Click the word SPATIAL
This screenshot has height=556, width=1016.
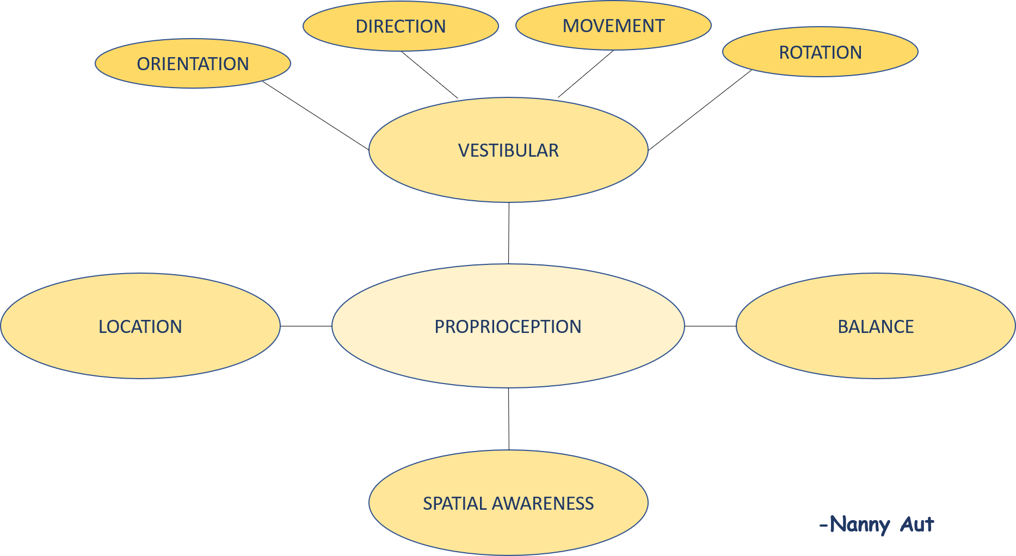(x=455, y=503)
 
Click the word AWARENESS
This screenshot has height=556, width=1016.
(x=543, y=503)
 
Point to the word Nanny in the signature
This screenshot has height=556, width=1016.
(x=860, y=525)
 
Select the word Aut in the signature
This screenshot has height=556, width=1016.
(x=917, y=524)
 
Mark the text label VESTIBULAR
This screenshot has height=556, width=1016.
(x=508, y=150)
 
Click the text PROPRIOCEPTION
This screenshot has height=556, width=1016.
(x=508, y=326)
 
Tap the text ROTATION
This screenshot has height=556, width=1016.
(x=820, y=52)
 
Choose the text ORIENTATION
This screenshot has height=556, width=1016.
(x=193, y=64)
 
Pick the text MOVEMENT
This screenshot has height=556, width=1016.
(x=613, y=26)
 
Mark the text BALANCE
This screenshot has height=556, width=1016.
(x=876, y=326)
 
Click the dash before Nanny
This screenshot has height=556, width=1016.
(x=823, y=525)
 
